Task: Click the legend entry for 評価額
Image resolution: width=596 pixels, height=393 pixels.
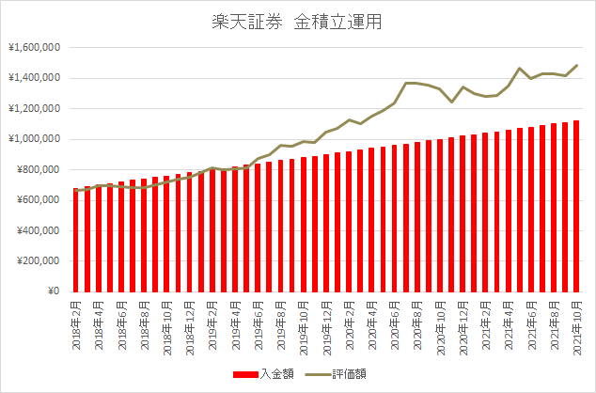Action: click(x=336, y=373)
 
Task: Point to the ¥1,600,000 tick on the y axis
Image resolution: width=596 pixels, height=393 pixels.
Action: click(x=34, y=48)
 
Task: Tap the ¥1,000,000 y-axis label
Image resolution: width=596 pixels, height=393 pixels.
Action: click(x=34, y=139)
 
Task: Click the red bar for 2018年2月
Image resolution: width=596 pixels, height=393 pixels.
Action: click(x=76, y=240)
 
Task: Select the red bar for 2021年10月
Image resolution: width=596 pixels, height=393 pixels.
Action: click(x=576, y=206)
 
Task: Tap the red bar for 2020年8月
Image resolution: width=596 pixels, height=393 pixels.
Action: click(x=417, y=217)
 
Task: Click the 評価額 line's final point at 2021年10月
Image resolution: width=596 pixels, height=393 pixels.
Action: click(x=576, y=65)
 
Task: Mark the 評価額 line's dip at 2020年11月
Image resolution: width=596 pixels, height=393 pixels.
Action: click(x=452, y=102)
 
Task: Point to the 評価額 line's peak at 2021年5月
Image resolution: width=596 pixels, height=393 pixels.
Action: click(x=520, y=68)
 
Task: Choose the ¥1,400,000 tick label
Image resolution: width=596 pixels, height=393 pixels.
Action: click(x=34, y=78)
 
